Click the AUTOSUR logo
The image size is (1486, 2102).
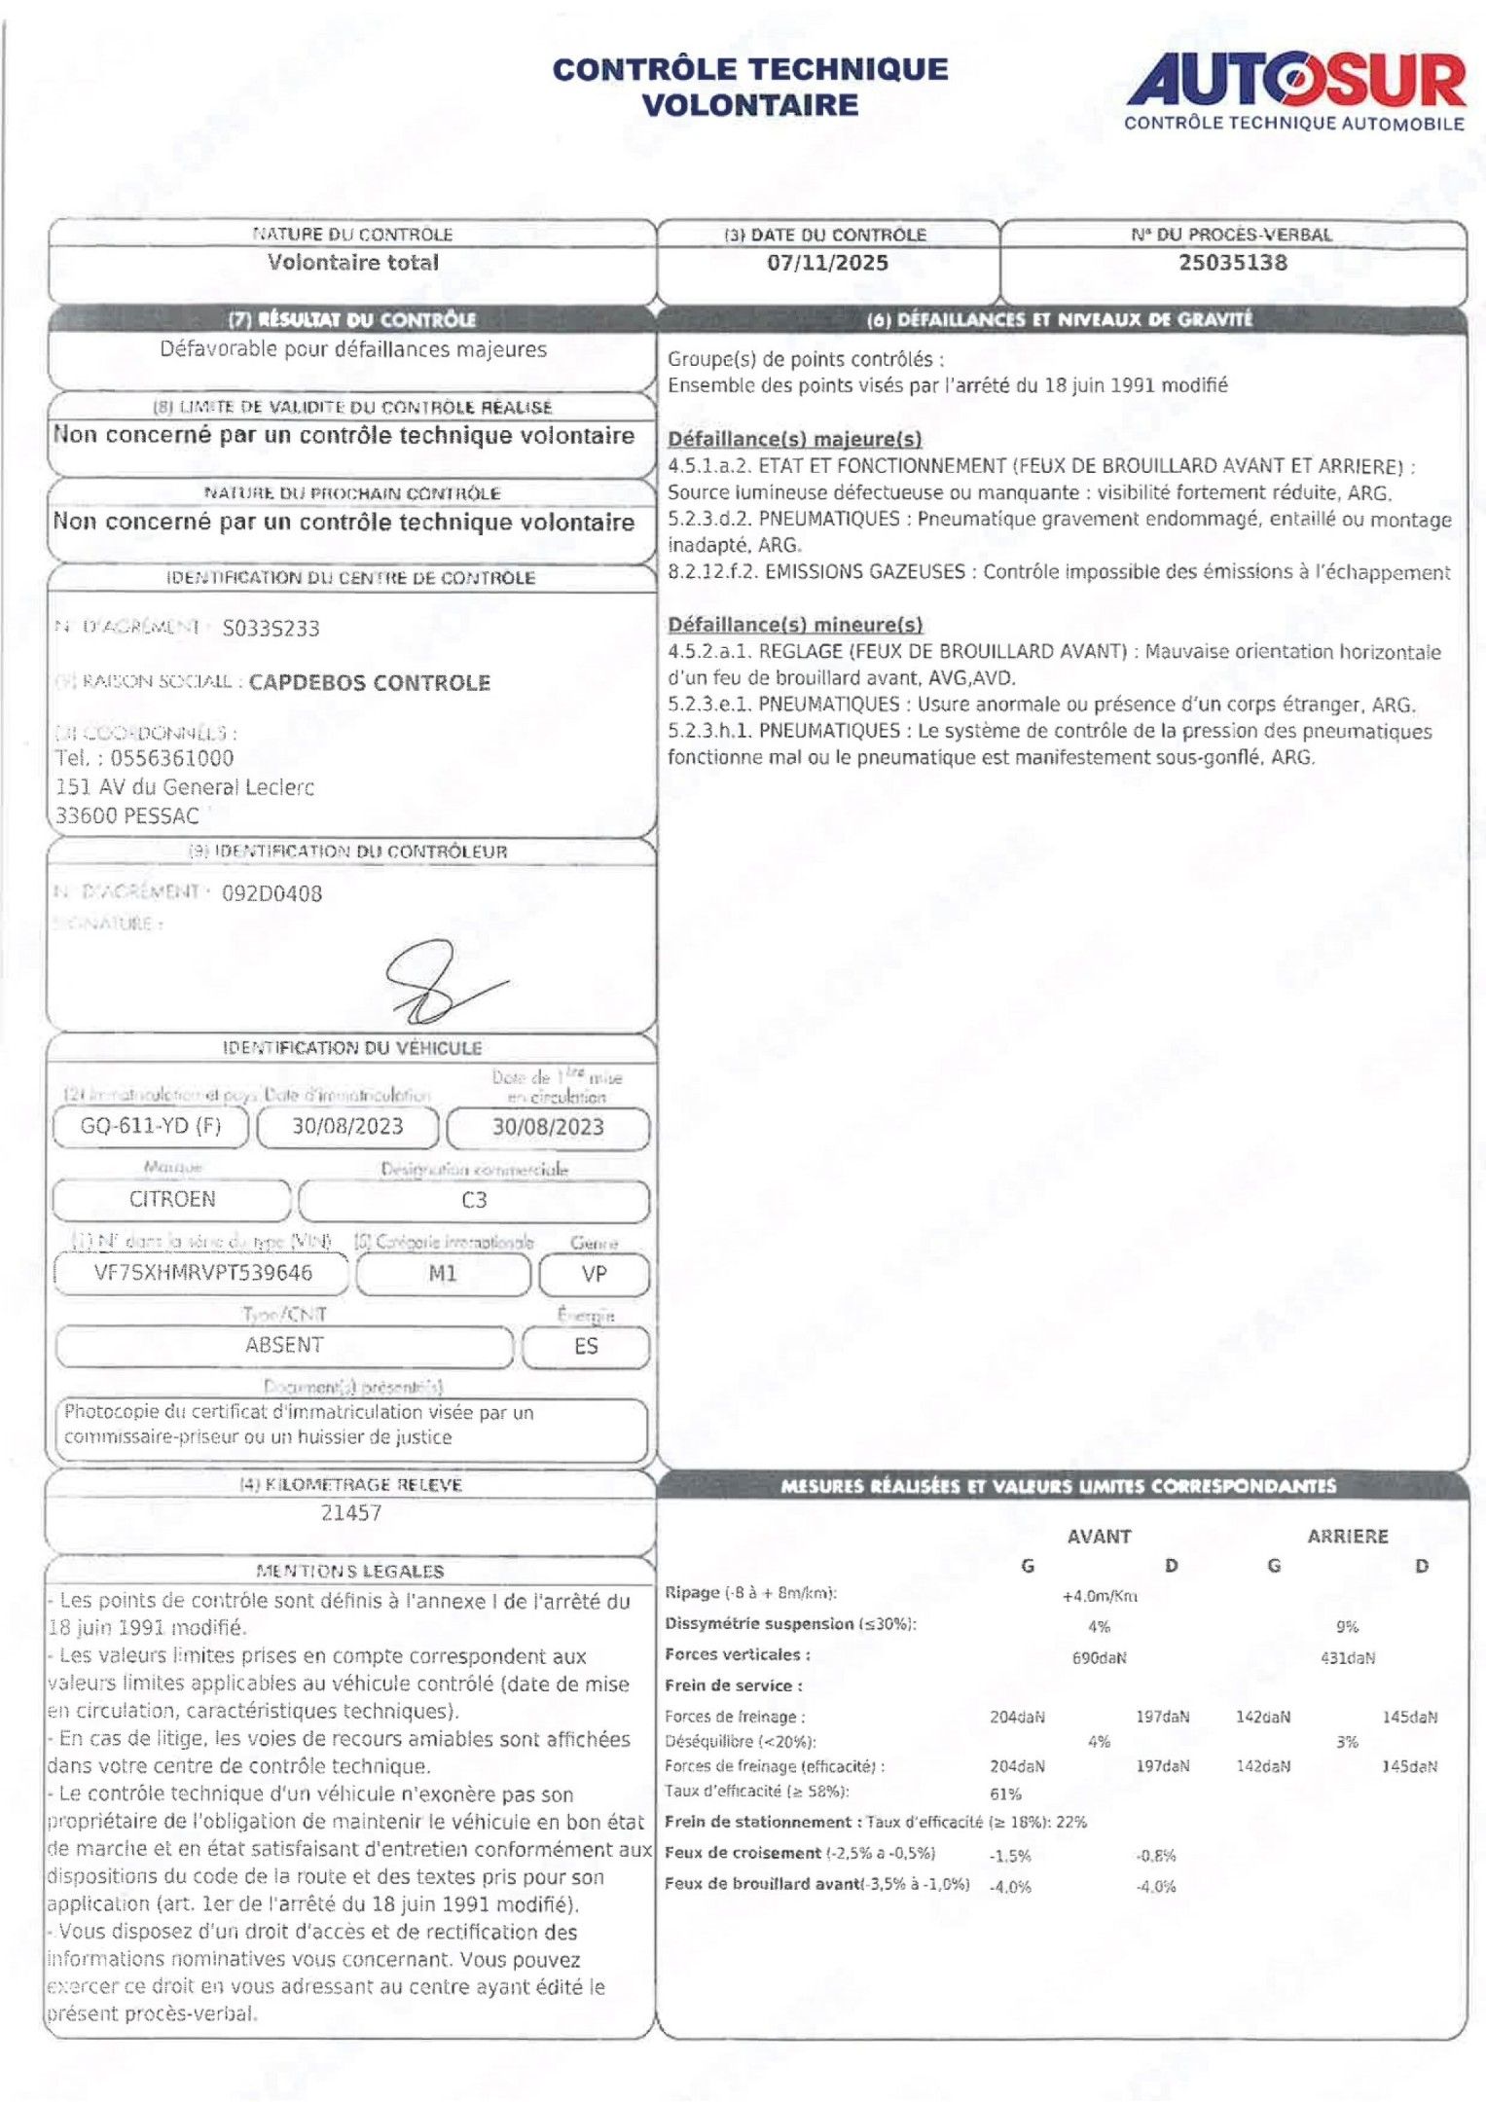(x=1295, y=91)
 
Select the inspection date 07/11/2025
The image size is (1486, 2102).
(x=827, y=263)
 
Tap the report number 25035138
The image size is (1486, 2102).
(x=1232, y=263)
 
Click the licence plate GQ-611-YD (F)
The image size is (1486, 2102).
(x=151, y=1126)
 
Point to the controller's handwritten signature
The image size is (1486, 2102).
(x=438, y=983)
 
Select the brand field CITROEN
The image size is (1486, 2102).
(x=172, y=1199)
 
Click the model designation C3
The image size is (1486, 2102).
(x=474, y=1200)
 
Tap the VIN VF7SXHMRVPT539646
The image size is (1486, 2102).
(x=202, y=1273)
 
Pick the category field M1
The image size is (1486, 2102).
(x=443, y=1274)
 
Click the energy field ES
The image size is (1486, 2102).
(x=586, y=1346)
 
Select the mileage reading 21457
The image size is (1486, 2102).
(x=351, y=1512)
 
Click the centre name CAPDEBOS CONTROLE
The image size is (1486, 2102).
(x=370, y=683)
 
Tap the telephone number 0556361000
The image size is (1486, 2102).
(x=171, y=758)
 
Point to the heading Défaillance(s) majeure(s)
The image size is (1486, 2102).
(x=794, y=439)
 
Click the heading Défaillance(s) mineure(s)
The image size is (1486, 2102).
(x=794, y=625)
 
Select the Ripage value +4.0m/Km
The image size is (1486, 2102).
(x=1100, y=1596)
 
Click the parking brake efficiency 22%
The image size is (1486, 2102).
(x=1070, y=1822)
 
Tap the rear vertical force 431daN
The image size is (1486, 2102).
(x=1347, y=1658)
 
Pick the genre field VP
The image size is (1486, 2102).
(x=594, y=1274)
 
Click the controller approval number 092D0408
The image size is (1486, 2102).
(x=272, y=893)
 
